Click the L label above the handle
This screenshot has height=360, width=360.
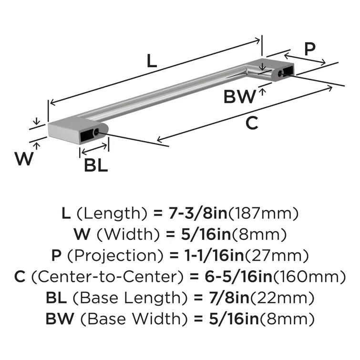pos(151,61)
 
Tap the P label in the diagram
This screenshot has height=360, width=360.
pos(310,50)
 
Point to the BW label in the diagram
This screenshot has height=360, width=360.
pos(240,98)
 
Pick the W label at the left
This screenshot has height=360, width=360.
pos(24,158)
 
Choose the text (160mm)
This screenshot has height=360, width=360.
pos(315,276)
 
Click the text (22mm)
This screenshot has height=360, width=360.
pos(282,298)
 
